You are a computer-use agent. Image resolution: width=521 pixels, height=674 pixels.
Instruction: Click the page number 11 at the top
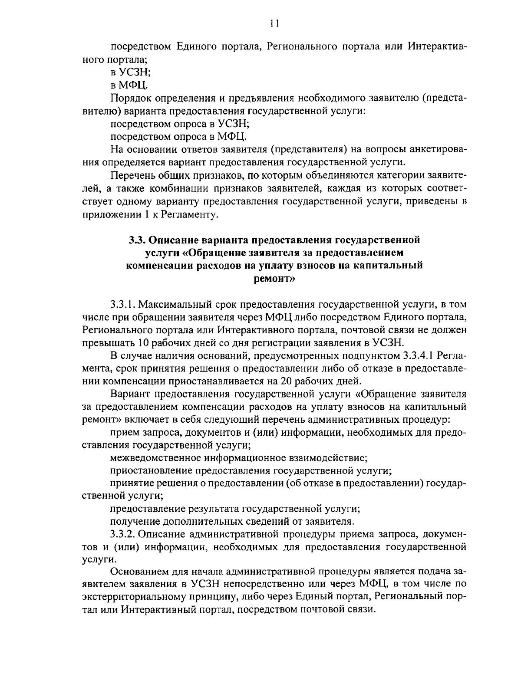point(274,23)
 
